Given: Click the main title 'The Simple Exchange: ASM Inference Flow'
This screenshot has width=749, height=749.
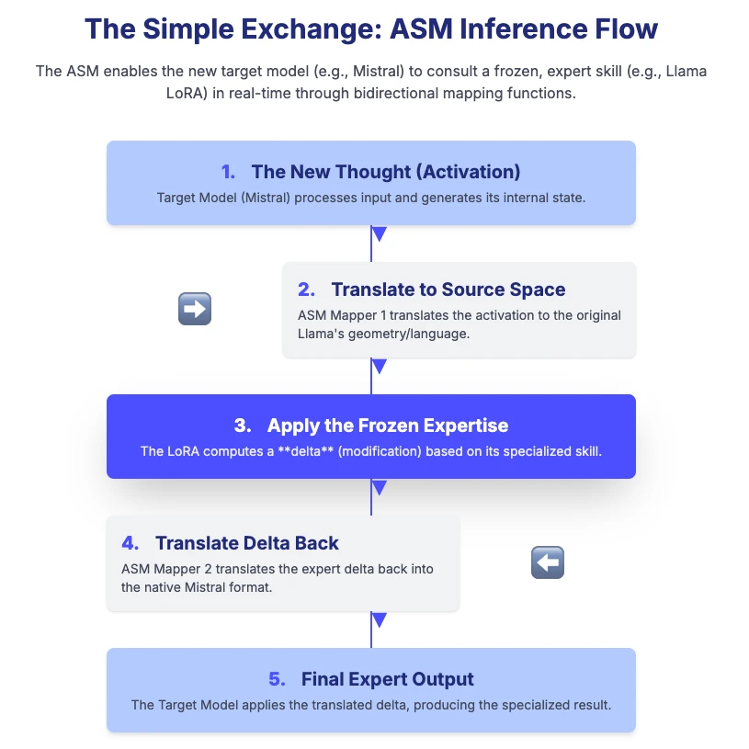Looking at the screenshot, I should (x=371, y=28).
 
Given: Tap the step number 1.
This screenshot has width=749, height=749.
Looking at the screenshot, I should (x=229, y=172).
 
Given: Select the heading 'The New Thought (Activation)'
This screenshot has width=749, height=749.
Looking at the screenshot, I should (x=386, y=172).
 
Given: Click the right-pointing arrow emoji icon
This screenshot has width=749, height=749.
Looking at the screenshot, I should (x=194, y=310).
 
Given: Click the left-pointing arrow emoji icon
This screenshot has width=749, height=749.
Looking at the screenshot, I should (x=548, y=562).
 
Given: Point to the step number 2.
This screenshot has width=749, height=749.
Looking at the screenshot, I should (x=306, y=289).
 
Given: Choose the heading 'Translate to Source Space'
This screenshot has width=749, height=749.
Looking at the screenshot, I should (x=448, y=289).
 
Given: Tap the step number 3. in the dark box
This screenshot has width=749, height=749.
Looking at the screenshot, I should (x=243, y=426).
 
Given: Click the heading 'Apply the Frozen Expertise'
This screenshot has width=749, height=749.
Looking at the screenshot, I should (x=388, y=426).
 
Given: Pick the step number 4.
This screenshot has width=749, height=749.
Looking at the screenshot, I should (x=130, y=542).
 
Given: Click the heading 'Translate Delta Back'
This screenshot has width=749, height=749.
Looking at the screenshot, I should (x=247, y=542).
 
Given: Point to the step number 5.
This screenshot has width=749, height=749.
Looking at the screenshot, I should (x=277, y=679).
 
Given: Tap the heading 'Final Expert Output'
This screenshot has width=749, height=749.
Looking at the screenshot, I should (x=388, y=679).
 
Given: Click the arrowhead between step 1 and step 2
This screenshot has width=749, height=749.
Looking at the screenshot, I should (x=378, y=234).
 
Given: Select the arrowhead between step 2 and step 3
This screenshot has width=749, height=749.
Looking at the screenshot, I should (x=378, y=367).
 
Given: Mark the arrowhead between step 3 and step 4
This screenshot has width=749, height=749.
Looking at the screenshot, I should (x=378, y=487).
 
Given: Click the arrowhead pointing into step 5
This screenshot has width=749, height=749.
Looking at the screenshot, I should (x=378, y=620).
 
